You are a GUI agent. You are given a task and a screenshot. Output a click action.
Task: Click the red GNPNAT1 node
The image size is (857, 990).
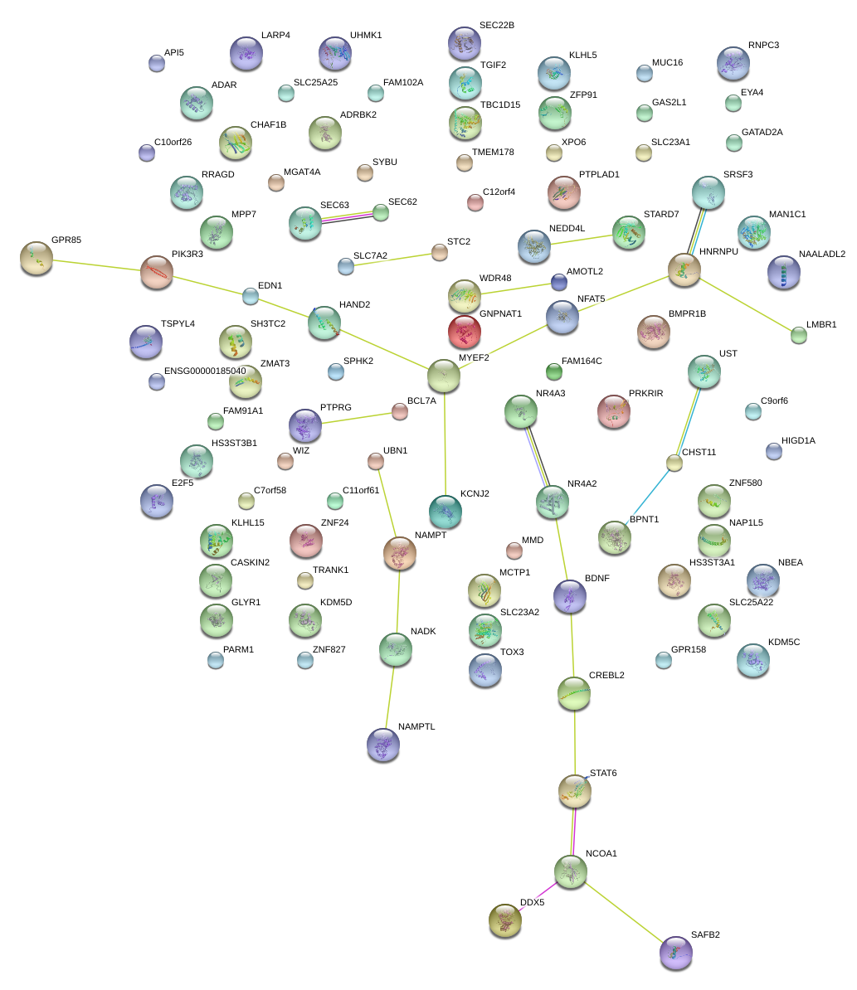pos(465,332)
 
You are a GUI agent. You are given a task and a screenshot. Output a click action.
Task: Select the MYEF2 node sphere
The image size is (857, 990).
pos(444,376)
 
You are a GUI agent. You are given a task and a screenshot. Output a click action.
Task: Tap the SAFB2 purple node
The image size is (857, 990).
pos(675,952)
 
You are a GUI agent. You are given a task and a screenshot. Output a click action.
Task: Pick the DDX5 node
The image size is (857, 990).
pos(504,919)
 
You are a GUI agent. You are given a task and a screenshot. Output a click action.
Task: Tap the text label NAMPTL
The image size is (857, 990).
pos(416,727)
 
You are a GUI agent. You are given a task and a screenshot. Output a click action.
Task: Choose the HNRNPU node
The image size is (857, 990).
pos(684,270)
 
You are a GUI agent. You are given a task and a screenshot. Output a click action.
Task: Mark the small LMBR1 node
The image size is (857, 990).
pos(798,335)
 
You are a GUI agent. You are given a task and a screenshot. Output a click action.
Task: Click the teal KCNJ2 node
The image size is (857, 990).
pos(446,512)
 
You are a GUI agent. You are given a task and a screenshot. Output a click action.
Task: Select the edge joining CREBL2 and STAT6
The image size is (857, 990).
pos(574,743)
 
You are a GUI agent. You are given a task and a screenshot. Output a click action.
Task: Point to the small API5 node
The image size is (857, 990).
pos(156,63)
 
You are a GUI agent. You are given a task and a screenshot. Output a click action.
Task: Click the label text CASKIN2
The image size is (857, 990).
pos(250,563)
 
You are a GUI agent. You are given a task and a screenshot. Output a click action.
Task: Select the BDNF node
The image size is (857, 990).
pos(570,596)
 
